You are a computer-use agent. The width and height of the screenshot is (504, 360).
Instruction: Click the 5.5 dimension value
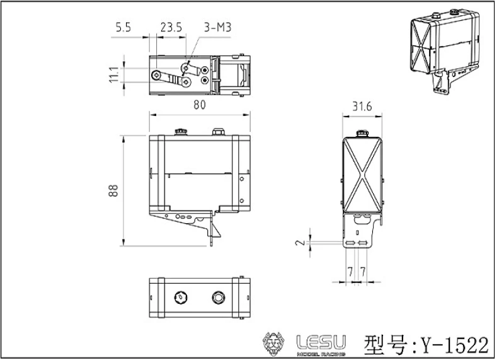[x=123, y=27]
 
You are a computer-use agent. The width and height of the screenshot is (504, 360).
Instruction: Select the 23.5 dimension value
[x=171, y=27]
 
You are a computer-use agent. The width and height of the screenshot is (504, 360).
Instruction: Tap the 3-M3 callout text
[x=217, y=27]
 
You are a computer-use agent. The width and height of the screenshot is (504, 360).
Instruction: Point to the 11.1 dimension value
[x=114, y=74]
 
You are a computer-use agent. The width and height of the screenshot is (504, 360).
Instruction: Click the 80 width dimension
[x=200, y=105]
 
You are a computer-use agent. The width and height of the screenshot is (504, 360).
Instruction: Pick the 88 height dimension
[x=113, y=190]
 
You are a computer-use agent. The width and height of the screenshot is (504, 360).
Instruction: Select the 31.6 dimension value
[x=362, y=106]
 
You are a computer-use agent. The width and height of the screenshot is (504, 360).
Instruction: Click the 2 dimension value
[x=301, y=241]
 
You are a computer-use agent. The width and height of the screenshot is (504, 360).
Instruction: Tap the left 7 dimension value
[x=350, y=272]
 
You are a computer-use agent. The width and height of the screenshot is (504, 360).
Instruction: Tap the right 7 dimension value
[x=363, y=272]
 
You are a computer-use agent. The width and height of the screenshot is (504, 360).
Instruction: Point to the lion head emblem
[x=273, y=344]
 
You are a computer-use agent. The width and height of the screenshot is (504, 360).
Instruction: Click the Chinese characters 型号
[x=389, y=345]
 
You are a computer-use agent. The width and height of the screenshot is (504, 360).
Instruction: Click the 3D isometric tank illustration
[x=445, y=52]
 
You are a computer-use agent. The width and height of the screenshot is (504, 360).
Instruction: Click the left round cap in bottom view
[x=181, y=298]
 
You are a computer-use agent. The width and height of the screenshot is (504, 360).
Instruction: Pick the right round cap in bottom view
[x=219, y=298]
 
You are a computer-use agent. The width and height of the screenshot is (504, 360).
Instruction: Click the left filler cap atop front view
[x=181, y=132]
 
